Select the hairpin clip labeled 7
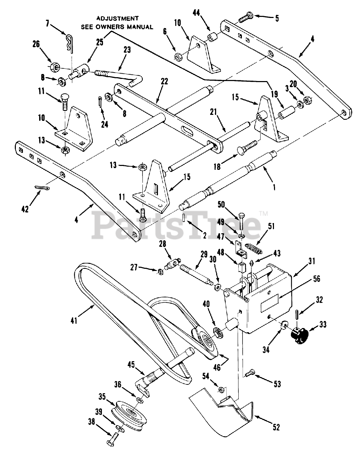tap(70, 43)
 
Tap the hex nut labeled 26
tap(55, 67)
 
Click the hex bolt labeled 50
tap(242, 223)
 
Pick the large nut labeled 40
tap(218, 333)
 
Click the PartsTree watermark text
tap(176, 225)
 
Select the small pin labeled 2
tap(183, 217)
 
